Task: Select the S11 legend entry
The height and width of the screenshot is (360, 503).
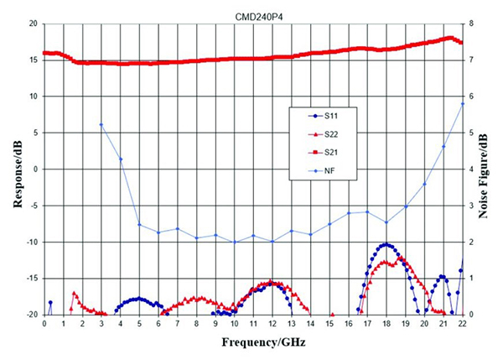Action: click(x=324, y=114)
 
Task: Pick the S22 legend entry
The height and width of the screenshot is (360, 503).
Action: click(x=324, y=133)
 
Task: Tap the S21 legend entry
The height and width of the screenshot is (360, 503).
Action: click(x=324, y=153)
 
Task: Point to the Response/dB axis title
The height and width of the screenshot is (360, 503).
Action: click(x=11, y=169)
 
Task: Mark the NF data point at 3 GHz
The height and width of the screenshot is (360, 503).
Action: click(x=101, y=125)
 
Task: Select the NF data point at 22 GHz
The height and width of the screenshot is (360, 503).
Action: click(x=462, y=103)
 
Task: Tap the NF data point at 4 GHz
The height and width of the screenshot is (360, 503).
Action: click(x=120, y=159)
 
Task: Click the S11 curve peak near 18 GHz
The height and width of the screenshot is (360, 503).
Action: click(x=386, y=245)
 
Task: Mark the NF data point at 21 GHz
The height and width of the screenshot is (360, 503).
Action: click(x=443, y=146)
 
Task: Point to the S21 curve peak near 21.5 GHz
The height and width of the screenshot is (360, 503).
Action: click(x=451, y=38)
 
